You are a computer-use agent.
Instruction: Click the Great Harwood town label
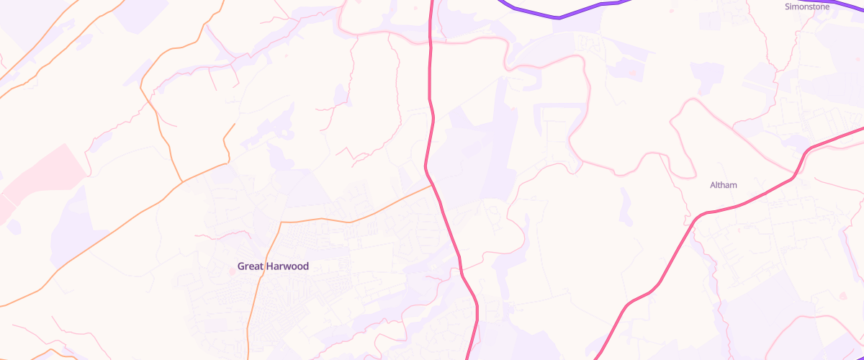click(x=273, y=266)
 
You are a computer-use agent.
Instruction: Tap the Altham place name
click(x=724, y=185)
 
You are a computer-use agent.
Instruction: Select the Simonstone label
click(x=806, y=6)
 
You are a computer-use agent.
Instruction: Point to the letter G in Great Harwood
click(x=241, y=266)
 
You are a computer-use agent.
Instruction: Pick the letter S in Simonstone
click(x=786, y=6)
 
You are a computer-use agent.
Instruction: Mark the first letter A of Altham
click(x=713, y=185)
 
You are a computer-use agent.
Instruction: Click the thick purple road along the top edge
click(x=558, y=17)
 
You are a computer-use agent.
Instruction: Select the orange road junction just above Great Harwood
click(x=280, y=222)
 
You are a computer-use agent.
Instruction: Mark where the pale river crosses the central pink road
click(x=431, y=41)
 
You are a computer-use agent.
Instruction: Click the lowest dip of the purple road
click(x=558, y=17)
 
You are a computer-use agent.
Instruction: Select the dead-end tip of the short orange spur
click(x=235, y=124)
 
